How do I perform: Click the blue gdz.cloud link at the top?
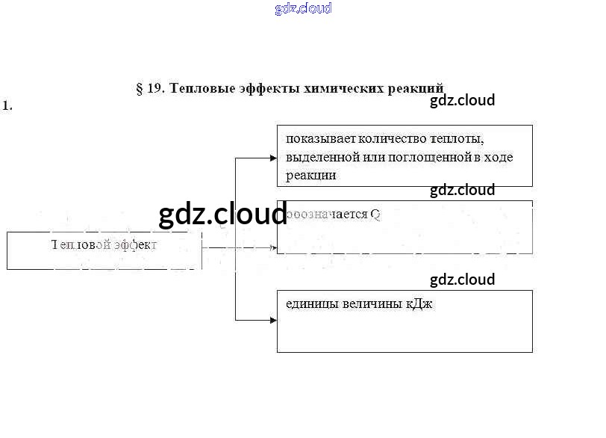click(303, 9)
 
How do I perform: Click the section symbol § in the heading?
click(140, 88)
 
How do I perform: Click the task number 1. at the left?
click(7, 105)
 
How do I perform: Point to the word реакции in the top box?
click(310, 176)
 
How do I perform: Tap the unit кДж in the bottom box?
click(420, 304)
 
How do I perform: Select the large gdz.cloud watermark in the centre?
click(222, 215)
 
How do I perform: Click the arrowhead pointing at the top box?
click(273, 158)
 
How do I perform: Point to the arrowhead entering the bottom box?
click(273, 320)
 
